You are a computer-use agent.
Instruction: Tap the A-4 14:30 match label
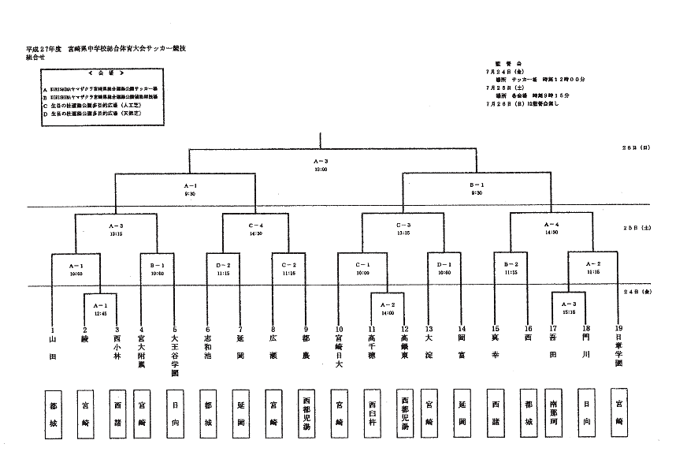[x=551, y=229]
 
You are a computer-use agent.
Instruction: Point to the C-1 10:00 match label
[x=362, y=268]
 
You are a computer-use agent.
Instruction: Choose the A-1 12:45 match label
[x=100, y=307]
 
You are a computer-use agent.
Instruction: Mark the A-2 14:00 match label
[x=387, y=307]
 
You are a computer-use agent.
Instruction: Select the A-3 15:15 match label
[x=568, y=307]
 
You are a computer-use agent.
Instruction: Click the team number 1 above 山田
[x=52, y=329]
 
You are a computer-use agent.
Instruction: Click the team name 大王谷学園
[x=174, y=356]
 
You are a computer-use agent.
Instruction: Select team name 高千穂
[x=372, y=351]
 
